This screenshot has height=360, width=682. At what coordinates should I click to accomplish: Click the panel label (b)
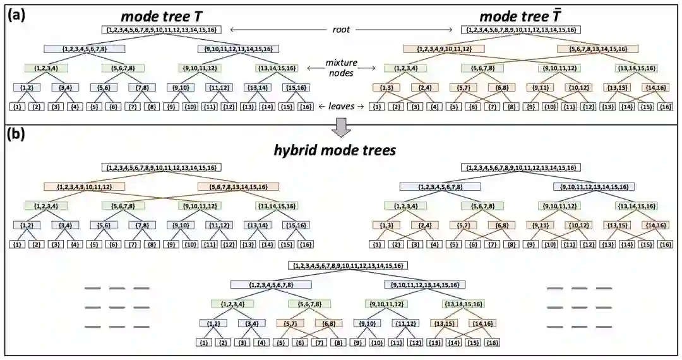[16, 135]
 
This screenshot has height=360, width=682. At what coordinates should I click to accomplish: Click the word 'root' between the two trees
[341, 29]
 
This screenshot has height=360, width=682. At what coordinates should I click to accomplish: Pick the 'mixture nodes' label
[342, 68]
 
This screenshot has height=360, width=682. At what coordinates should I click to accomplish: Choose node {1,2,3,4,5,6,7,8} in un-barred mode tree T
[85, 49]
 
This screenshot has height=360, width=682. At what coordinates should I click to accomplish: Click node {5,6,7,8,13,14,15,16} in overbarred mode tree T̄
[597, 49]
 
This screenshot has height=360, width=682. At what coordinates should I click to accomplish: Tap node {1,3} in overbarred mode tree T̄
[386, 88]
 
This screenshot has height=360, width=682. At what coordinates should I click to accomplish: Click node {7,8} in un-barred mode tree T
[141, 88]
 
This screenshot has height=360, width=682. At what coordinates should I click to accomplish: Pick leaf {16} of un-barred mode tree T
[306, 107]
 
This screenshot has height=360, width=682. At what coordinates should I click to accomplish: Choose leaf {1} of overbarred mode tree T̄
[376, 107]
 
